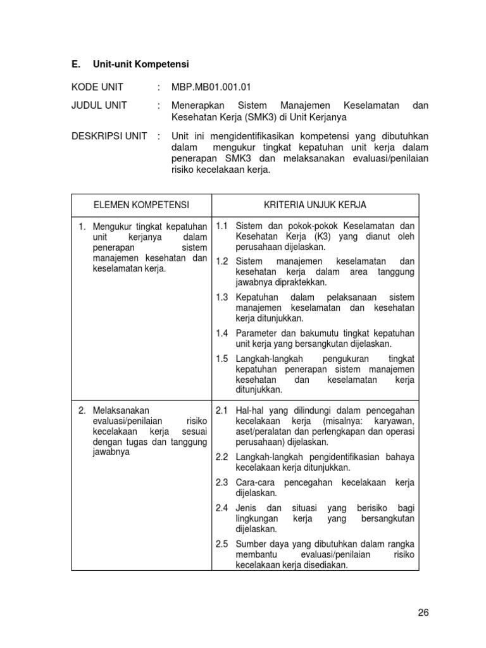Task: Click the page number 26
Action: [x=423, y=612]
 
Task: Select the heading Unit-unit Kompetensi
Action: [x=141, y=65]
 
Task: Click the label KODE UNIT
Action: [x=97, y=87]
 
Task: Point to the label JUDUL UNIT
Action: [x=99, y=105]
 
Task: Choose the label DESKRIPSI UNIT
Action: [x=109, y=136]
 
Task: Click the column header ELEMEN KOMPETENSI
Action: [x=141, y=205]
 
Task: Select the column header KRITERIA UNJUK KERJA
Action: [x=315, y=205]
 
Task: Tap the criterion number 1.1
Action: [x=221, y=226]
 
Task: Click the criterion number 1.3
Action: [x=221, y=297]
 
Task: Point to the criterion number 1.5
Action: [x=221, y=358]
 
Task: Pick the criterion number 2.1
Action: [x=221, y=410]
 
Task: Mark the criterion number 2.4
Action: [x=221, y=508]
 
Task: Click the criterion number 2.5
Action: [x=221, y=544]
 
